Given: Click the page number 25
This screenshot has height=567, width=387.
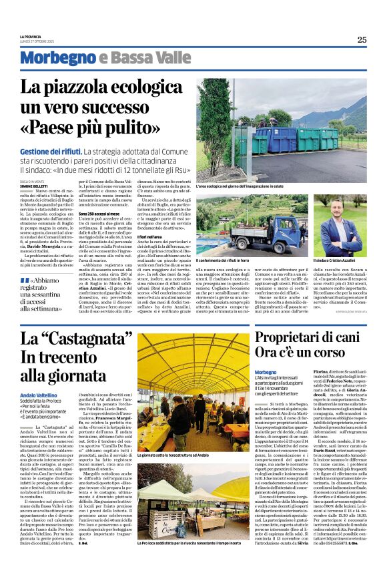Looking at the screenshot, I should (362, 39).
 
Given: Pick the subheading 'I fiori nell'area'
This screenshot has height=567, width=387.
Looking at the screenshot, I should (152, 237).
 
